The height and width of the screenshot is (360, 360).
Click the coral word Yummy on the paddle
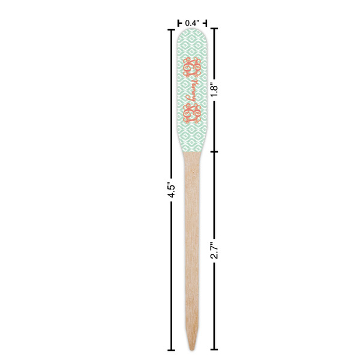pos(193,89)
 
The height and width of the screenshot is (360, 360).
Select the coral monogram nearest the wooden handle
pos(193,113)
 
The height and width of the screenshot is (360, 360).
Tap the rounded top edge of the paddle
pos(192,30)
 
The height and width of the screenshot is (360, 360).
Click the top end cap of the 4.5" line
pos(172,29)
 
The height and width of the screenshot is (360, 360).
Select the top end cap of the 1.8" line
pos(214,29)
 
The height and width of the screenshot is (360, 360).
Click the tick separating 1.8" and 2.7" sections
pos(214,151)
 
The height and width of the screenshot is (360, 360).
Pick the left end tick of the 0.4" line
pos(178,23)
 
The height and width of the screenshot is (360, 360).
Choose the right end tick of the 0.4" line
pos(207,23)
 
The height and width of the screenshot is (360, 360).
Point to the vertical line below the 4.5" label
pos(172,270)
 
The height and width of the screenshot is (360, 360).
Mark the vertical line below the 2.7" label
pos(214,300)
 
